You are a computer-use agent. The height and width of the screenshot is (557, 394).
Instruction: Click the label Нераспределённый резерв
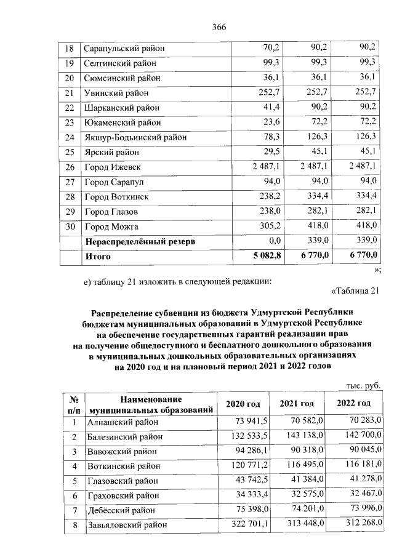[140, 242]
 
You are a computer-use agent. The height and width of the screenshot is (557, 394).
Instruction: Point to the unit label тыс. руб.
[363, 385]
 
